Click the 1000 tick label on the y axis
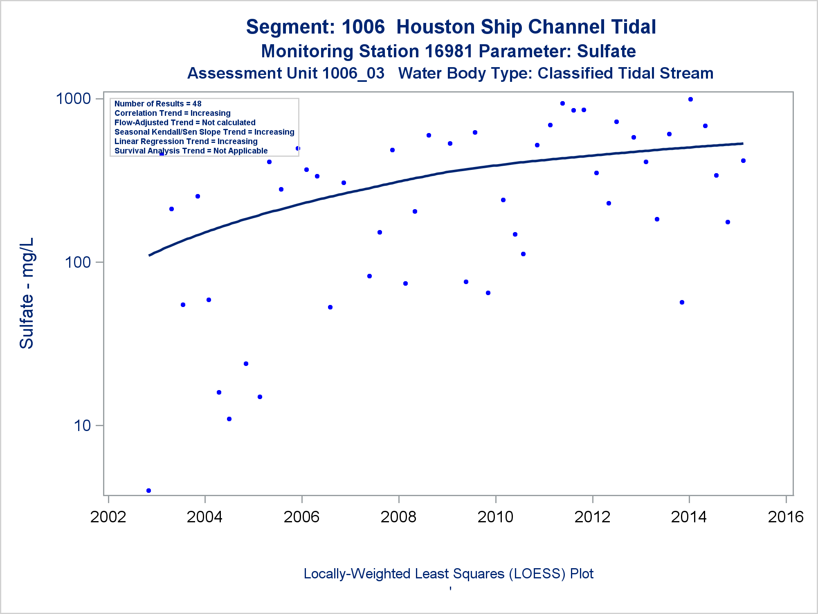(x=73, y=99)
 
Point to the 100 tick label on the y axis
(x=77, y=262)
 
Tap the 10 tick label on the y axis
(x=82, y=426)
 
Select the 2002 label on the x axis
(x=108, y=517)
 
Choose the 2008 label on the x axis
(x=398, y=517)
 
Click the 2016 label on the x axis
(x=786, y=517)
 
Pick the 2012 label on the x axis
(x=592, y=517)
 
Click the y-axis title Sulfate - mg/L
(x=27, y=293)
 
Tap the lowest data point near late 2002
(x=148, y=490)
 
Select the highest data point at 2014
(x=690, y=99)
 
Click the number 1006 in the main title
(x=363, y=27)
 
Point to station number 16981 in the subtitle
(x=449, y=52)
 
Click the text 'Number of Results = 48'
(x=158, y=104)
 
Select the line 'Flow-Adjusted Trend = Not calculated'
(x=185, y=123)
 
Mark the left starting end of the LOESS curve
(x=149, y=255)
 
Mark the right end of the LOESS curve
(x=743, y=144)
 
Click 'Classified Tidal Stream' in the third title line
(x=625, y=74)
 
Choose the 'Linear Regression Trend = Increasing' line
(x=186, y=142)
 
